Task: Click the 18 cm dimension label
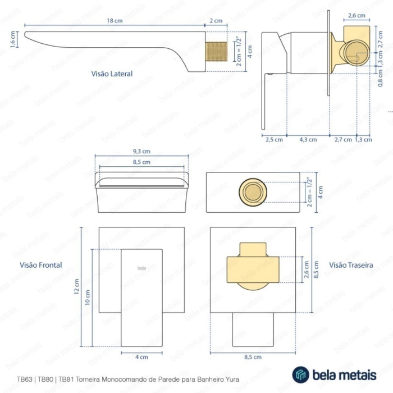[x=115, y=21]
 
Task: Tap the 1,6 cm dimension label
[x=13, y=39]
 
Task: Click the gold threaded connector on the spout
[x=216, y=52]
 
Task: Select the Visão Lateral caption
[x=112, y=74]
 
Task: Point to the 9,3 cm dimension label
[x=141, y=151]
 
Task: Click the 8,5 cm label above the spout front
[x=141, y=162]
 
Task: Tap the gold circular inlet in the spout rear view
[x=253, y=192]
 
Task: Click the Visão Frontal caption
[x=41, y=265]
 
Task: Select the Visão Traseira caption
[x=351, y=265]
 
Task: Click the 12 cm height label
[x=76, y=286]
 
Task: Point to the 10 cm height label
[x=88, y=298]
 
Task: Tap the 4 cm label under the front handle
[x=141, y=357]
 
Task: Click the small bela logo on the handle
[x=141, y=268]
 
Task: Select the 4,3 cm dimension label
[x=308, y=140]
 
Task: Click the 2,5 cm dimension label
[x=274, y=140]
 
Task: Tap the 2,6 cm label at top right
[x=357, y=16]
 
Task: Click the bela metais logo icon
[x=300, y=374]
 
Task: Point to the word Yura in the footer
[x=233, y=379]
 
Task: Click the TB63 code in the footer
[x=24, y=379]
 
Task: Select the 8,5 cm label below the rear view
[x=253, y=357]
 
